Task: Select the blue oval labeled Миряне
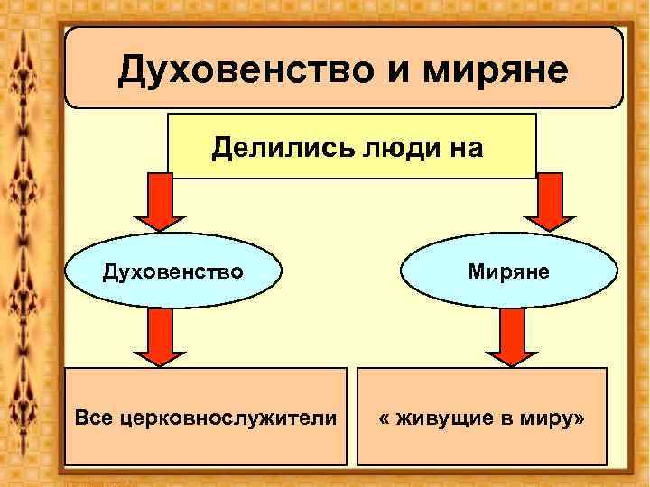click(509, 270)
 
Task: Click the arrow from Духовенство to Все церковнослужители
click(161, 337)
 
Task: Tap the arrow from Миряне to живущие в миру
click(511, 337)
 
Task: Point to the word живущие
click(442, 418)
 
